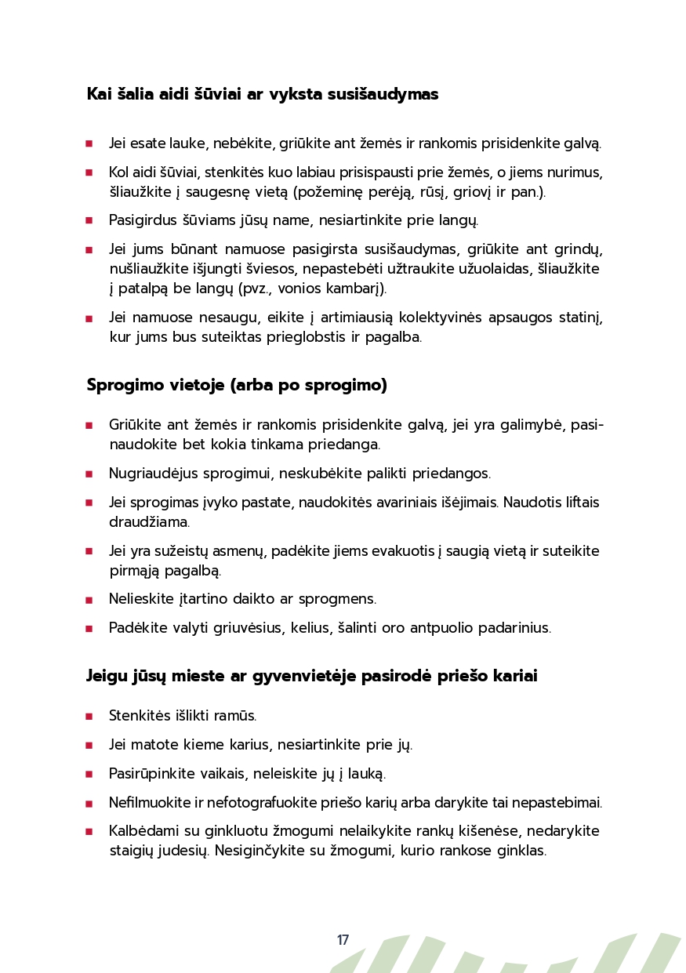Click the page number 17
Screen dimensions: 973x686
coord(343,940)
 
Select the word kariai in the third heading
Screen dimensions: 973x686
coord(514,676)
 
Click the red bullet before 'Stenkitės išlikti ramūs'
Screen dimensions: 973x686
coord(89,717)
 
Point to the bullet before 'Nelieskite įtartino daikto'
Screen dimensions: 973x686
coord(89,601)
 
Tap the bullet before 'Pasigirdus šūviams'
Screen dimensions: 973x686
coord(89,221)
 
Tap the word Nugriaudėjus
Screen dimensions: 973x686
coord(152,474)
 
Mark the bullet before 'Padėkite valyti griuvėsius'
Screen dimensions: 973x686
coord(89,629)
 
